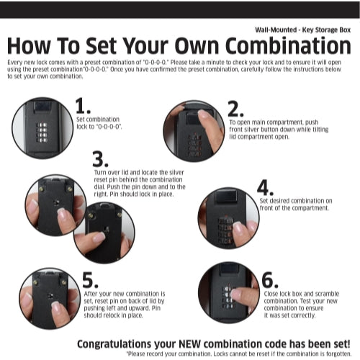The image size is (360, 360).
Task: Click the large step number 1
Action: coord(83,106)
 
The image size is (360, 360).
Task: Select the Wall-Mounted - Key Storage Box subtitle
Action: coord(302,30)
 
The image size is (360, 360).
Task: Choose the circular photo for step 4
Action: coord(228,219)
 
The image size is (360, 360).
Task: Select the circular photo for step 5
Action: coord(50,300)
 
